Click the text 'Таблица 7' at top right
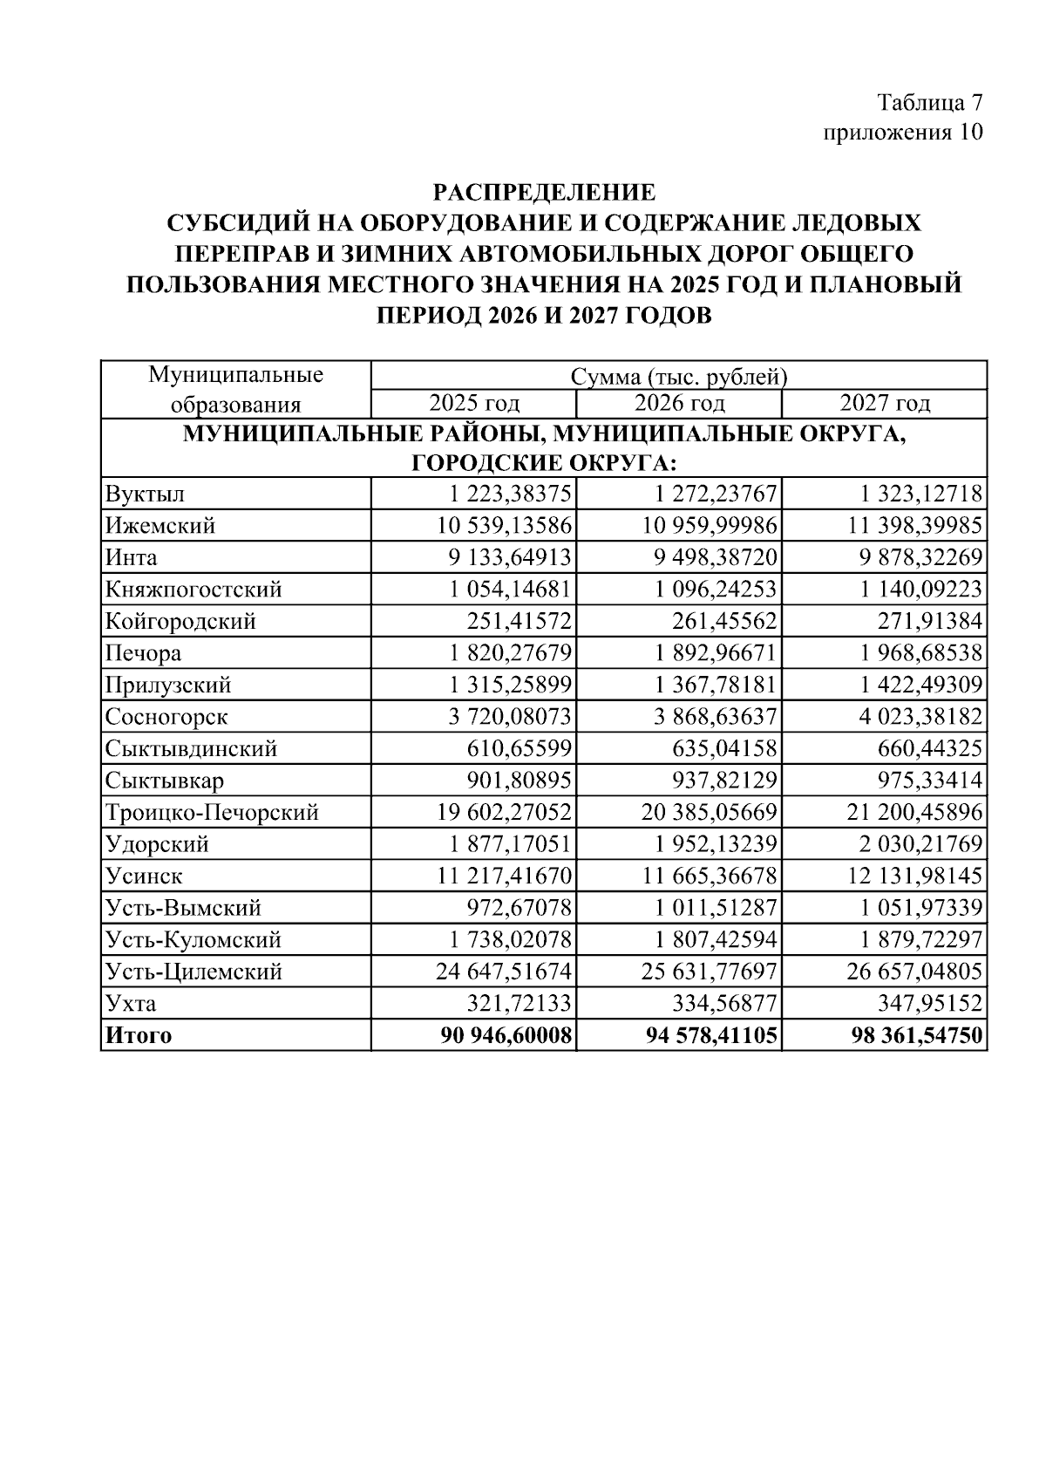pos(929,102)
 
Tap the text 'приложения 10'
pos(903,132)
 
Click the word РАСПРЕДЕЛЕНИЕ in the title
pos(544,191)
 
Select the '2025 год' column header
pos(474,403)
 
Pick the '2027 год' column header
pos(885,403)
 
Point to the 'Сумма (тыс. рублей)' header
pos(679,377)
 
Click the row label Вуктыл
pos(146,494)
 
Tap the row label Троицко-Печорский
pos(212,813)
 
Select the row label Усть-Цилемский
pos(194,972)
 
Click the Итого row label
pos(139,1036)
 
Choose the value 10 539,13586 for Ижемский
pos(504,526)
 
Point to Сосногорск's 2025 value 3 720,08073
pos(510,717)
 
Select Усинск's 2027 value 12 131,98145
pos(915,876)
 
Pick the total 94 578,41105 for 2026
pos(710,1036)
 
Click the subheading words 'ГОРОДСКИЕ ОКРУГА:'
pos(544,462)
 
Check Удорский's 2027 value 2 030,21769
pos(920,844)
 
